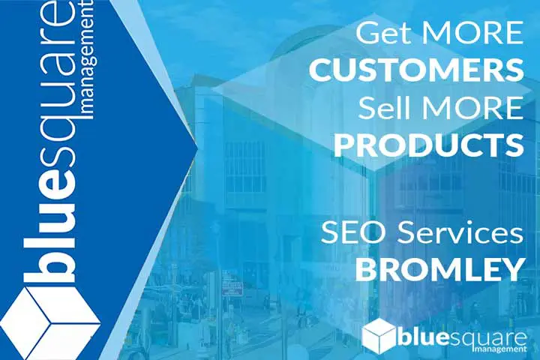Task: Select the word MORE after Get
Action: coord(473,33)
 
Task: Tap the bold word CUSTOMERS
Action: coord(416,70)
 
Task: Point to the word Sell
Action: coord(384,107)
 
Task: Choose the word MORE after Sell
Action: coord(473,108)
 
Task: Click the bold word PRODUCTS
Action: coord(429,145)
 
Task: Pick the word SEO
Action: coord(355,232)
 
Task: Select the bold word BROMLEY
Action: coord(439,270)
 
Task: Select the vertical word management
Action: coord(88,59)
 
